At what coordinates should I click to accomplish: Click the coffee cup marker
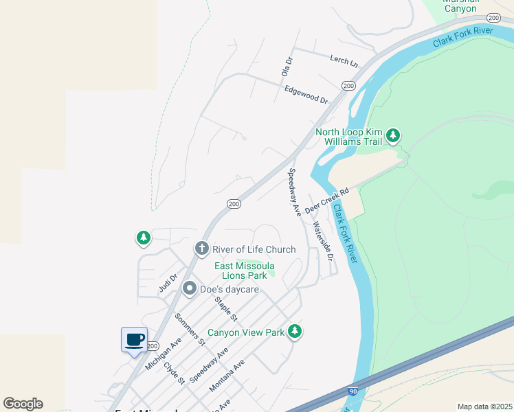(x=134, y=339)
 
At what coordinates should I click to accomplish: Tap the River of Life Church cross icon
(x=201, y=249)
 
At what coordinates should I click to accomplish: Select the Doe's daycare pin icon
(x=189, y=289)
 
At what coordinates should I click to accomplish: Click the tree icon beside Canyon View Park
(x=295, y=332)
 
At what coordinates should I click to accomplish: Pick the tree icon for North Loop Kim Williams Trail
(x=392, y=136)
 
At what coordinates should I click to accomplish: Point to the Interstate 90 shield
(x=353, y=391)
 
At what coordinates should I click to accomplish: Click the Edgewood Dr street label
(x=306, y=95)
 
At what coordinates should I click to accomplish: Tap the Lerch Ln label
(x=344, y=62)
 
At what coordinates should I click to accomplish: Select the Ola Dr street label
(x=287, y=67)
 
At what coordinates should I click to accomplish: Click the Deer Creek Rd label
(x=327, y=201)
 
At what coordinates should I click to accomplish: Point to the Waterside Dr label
(x=322, y=241)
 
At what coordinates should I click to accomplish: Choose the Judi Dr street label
(x=168, y=283)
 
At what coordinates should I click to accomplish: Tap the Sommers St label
(x=190, y=328)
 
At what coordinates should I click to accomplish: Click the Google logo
(x=23, y=404)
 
